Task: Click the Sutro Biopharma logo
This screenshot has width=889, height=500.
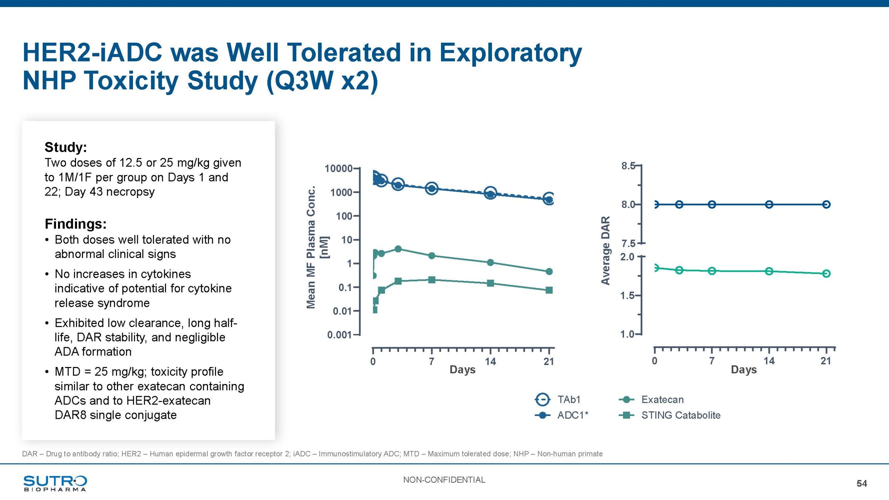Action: click(x=55, y=483)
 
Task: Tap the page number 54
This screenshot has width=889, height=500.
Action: click(x=862, y=483)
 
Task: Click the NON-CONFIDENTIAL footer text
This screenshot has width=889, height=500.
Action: click(x=444, y=480)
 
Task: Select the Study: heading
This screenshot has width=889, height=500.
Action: click(x=66, y=147)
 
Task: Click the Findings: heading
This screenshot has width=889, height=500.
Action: click(x=75, y=224)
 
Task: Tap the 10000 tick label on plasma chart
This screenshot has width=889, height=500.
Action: click(x=339, y=169)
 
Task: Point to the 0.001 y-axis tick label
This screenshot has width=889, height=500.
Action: click(x=339, y=335)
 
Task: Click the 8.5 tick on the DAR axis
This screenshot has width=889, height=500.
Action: click(x=628, y=166)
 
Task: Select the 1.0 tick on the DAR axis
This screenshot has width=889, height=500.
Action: click(x=627, y=334)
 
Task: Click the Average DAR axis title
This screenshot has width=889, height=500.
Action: click(x=606, y=250)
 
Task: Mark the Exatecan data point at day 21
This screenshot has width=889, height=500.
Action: click(x=549, y=272)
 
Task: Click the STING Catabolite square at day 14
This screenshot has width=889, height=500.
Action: click(x=490, y=283)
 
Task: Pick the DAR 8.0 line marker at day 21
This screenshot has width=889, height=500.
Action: click(x=826, y=205)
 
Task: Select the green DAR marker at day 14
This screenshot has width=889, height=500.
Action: click(x=769, y=271)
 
